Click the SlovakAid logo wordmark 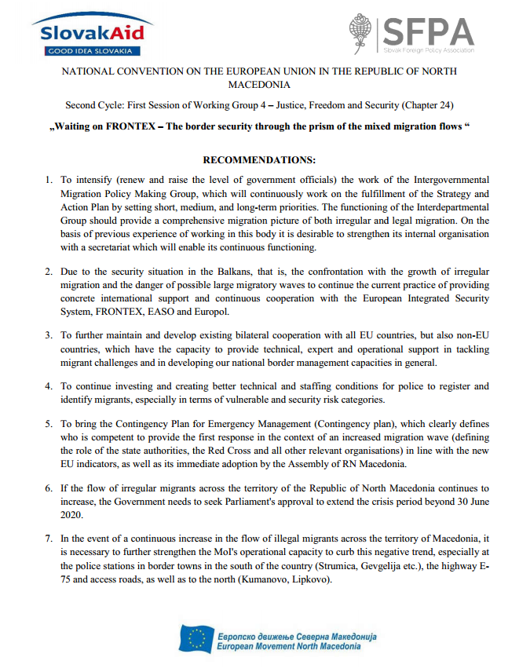coord(86,33)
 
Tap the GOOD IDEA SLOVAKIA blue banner coord(86,51)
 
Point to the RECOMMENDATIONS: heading coord(259,160)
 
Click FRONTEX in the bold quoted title coord(131,126)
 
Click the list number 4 coord(49,385)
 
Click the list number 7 coord(49,539)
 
